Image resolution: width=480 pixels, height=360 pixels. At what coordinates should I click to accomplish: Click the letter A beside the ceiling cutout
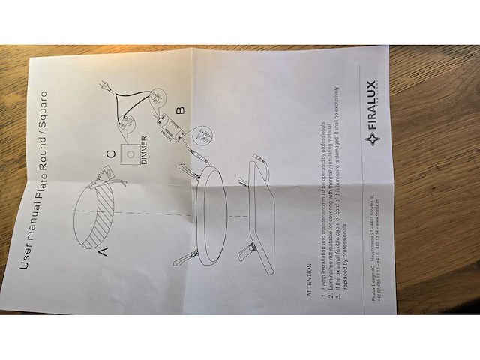(x=103, y=250)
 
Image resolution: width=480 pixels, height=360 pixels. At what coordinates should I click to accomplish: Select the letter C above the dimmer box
(x=110, y=154)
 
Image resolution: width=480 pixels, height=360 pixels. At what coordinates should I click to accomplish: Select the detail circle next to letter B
(x=202, y=136)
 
